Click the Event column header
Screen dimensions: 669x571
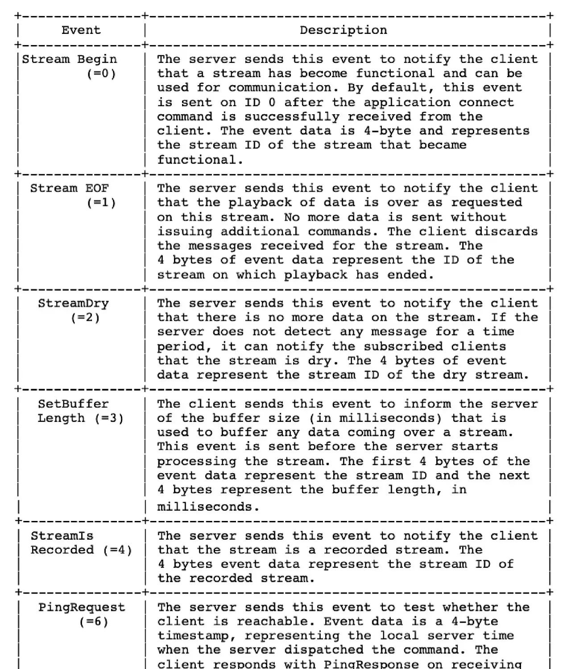[x=81, y=30]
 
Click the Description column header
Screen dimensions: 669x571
[x=343, y=30]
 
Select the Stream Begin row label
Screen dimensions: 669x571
[x=70, y=59]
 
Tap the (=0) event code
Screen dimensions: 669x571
[x=101, y=74]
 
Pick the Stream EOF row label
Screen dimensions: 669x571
[x=70, y=188]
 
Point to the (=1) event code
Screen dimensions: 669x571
[x=101, y=202]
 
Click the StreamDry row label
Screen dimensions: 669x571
[x=73, y=303]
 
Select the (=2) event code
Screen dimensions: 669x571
[x=85, y=318]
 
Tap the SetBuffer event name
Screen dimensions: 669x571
[x=73, y=404]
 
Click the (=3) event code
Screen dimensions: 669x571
[x=109, y=418]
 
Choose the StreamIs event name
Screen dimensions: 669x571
[x=62, y=536]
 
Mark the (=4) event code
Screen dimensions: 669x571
[x=117, y=550]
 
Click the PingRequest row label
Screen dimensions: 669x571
[x=82, y=607]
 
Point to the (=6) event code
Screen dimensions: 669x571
[x=94, y=622]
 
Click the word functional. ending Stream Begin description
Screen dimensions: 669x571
[x=200, y=160]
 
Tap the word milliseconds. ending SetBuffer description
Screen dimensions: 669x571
[x=208, y=507]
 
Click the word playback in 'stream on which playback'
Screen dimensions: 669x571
[x=315, y=275]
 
